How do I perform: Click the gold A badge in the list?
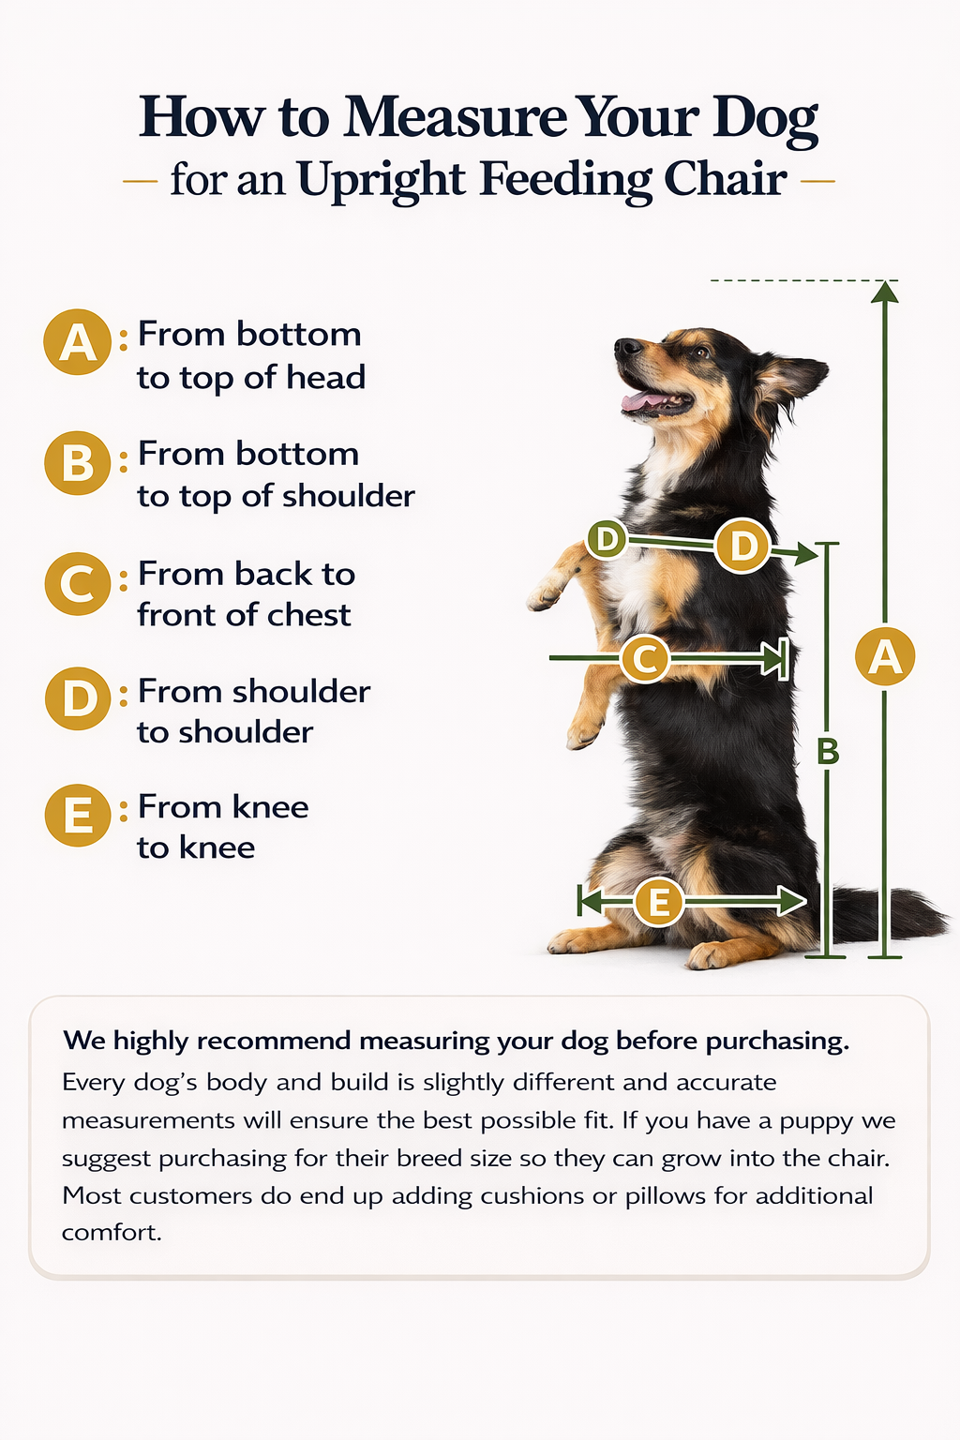[77, 342]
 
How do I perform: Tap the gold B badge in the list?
[78, 463]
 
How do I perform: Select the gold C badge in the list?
[78, 584]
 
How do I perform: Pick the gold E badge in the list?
[78, 815]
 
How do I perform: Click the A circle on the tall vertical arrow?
[885, 657]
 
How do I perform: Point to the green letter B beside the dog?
[828, 751]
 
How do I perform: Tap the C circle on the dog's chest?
[645, 658]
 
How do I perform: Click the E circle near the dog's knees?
[658, 902]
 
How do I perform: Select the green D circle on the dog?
[607, 539]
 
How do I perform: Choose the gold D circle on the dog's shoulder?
[742, 545]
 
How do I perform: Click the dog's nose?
[625, 347]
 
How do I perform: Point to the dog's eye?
[699, 352]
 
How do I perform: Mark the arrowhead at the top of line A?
[885, 292]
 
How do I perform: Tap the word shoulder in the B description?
[348, 496]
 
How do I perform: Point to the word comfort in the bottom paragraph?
[112, 1234]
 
